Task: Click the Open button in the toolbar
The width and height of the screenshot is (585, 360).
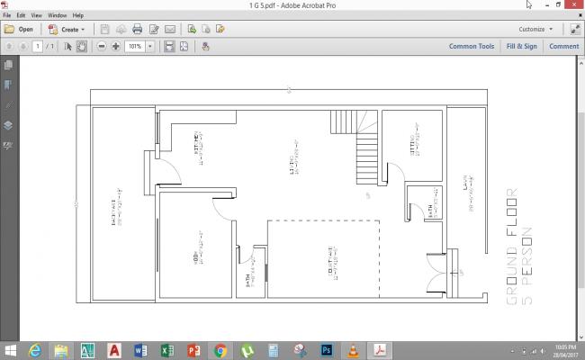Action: pyautogui.click(x=19, y=29)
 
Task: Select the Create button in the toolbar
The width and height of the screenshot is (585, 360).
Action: pyautogui.click(x=67, y=29)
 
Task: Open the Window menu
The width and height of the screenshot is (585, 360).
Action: pyautogui.click(x=57, y=15)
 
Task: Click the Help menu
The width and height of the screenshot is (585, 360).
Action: pyautogui.click(x=78, y=15)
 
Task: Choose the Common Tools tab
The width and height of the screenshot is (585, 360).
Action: pyautogui.click(x=472, y=46)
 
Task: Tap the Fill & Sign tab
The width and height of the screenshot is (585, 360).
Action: pyautogui.click(x=522, y=46)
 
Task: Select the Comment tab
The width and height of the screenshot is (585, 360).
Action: pyautogui.click(x=564, y=46)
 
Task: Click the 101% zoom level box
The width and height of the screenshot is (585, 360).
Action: pyautogui.click(x=136, y=46)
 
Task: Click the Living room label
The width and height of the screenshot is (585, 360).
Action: pyautogui.click(x=292, y=163)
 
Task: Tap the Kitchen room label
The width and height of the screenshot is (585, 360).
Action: pyautogui.click(x=198, y=144)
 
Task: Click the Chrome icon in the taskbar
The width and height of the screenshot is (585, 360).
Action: pyautogui.click(x=220, y=349)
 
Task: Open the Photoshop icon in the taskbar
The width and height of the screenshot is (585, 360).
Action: pyautogui.click(x=328, y=349)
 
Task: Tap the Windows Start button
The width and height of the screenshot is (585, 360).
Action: pyautogui.click(x=11, y=349)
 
